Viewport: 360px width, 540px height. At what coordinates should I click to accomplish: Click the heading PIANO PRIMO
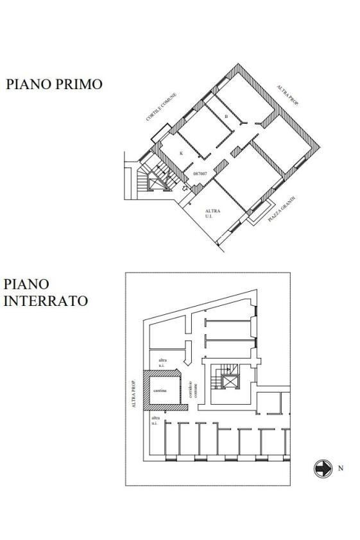[54, 84]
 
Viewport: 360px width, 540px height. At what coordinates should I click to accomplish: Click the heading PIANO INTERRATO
[45, 292]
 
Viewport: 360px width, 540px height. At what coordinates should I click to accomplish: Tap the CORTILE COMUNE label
[160, 107]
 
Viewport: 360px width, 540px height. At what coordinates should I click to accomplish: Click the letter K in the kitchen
[181, 153]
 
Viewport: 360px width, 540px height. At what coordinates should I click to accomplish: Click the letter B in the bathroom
[226, 117]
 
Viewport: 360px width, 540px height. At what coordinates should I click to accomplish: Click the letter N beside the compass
[340, 468]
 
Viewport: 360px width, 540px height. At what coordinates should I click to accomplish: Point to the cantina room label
[160, 391]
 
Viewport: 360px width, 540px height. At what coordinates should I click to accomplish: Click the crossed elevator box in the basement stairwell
[228, 382]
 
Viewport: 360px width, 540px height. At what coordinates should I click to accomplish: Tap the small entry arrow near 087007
[185, 189]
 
